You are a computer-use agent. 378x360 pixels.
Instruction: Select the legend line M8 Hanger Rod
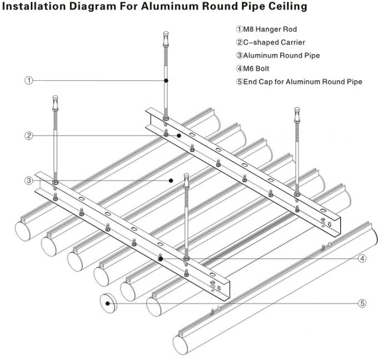point(263,29)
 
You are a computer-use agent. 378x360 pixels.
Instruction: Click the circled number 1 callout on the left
point(29,81)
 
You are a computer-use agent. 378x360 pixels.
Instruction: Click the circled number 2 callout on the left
point(29,135)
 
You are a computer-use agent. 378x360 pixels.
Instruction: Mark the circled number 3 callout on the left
point(29,180)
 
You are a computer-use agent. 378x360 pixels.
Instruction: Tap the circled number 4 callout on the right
point(362,258)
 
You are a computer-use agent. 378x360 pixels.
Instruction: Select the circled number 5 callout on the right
point(362,303)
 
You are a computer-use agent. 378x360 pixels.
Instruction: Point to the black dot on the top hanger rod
point(166,81)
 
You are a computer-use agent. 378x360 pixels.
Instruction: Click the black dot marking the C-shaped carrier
point(180,135)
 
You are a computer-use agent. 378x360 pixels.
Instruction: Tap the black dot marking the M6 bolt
point(161,258)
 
